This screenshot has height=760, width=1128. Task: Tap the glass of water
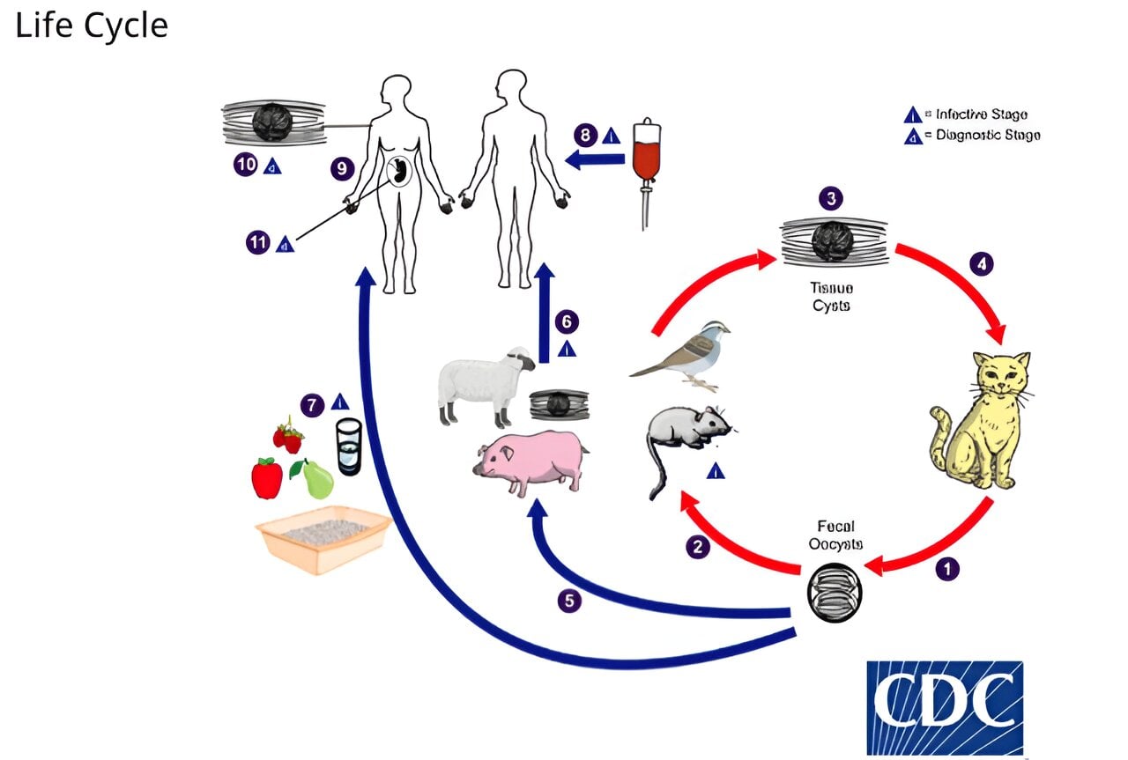(x=349, y=446)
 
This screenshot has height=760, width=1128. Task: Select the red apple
(x=267, y=477)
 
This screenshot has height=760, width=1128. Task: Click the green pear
(x=317, y=480)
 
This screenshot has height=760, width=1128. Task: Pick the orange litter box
(x=323, y=538)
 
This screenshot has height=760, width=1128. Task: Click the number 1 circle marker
(x=947, y=569)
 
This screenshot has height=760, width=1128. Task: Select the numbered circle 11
(x=257, y=243)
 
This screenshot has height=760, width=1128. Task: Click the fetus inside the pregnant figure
(x=400, y=171)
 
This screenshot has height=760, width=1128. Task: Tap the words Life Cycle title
(x=92, y=26)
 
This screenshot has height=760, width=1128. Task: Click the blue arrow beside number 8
(x=596, y=159)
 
